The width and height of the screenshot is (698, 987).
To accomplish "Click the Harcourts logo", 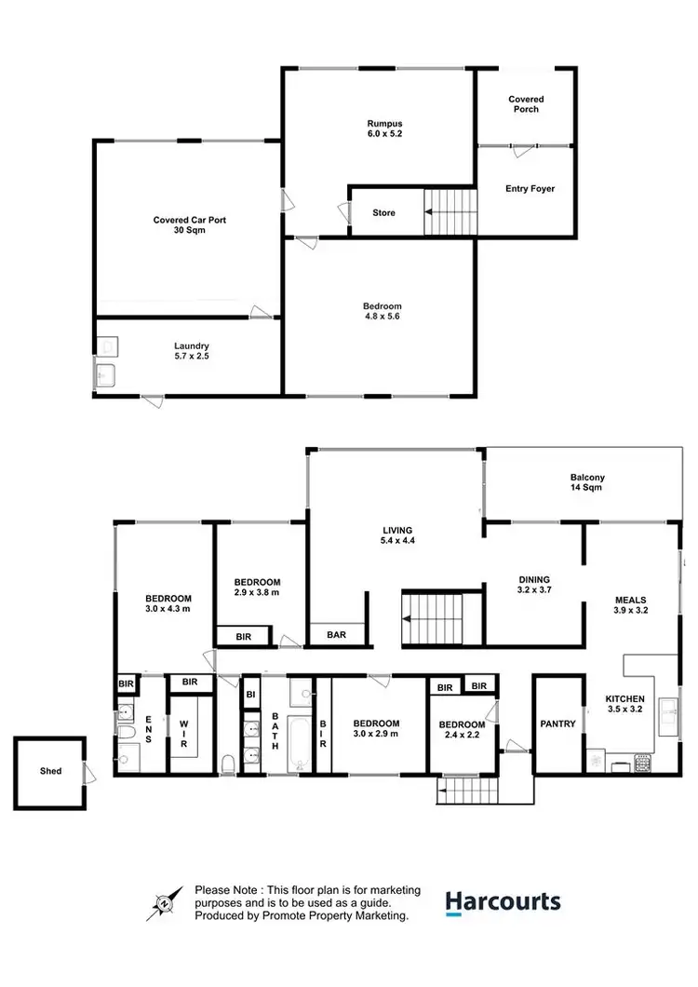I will point(503,901).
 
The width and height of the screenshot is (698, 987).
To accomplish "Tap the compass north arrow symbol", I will point(164,902).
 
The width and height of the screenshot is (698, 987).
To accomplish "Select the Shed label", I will point(50,771).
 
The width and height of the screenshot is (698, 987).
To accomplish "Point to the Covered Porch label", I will point(526,103).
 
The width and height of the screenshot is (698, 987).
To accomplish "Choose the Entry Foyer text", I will point(530,188).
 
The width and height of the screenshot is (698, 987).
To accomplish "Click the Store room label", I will point(383,212).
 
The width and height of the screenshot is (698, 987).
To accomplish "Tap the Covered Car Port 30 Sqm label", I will point(190,225).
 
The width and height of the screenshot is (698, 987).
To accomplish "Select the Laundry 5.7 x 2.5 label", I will point(191,352).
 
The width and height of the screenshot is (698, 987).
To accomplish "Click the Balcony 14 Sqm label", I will point(587,483).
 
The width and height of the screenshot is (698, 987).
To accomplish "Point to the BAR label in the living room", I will point(336,636).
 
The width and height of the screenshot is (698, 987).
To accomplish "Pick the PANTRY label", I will point(558,723).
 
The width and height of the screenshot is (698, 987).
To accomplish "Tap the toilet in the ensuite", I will point(126,760).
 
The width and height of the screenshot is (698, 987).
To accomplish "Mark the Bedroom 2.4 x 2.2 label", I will point(463,730).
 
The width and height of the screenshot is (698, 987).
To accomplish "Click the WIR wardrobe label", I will point(184,735).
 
